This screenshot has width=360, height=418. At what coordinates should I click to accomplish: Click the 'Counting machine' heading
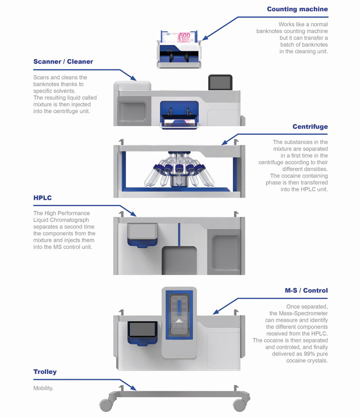[x=297, y=9]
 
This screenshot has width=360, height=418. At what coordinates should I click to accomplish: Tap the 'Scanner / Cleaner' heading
[x=63, y=62]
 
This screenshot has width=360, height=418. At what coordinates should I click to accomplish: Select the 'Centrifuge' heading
[x=310, y=127]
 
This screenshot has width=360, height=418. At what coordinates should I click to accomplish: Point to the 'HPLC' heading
[x=43, y=198]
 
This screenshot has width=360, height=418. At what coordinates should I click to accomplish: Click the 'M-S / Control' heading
[x=306, y=291]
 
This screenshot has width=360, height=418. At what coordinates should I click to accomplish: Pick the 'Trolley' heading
[x=45, y=372]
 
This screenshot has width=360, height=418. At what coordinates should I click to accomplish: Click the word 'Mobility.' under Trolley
[x=43, y=388]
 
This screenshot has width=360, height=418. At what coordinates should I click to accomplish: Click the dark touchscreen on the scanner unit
[x=220, y=82]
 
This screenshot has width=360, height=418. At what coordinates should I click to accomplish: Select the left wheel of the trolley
[x=105, y=404]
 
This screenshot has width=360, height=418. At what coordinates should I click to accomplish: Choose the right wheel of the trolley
[x=239, y=404]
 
